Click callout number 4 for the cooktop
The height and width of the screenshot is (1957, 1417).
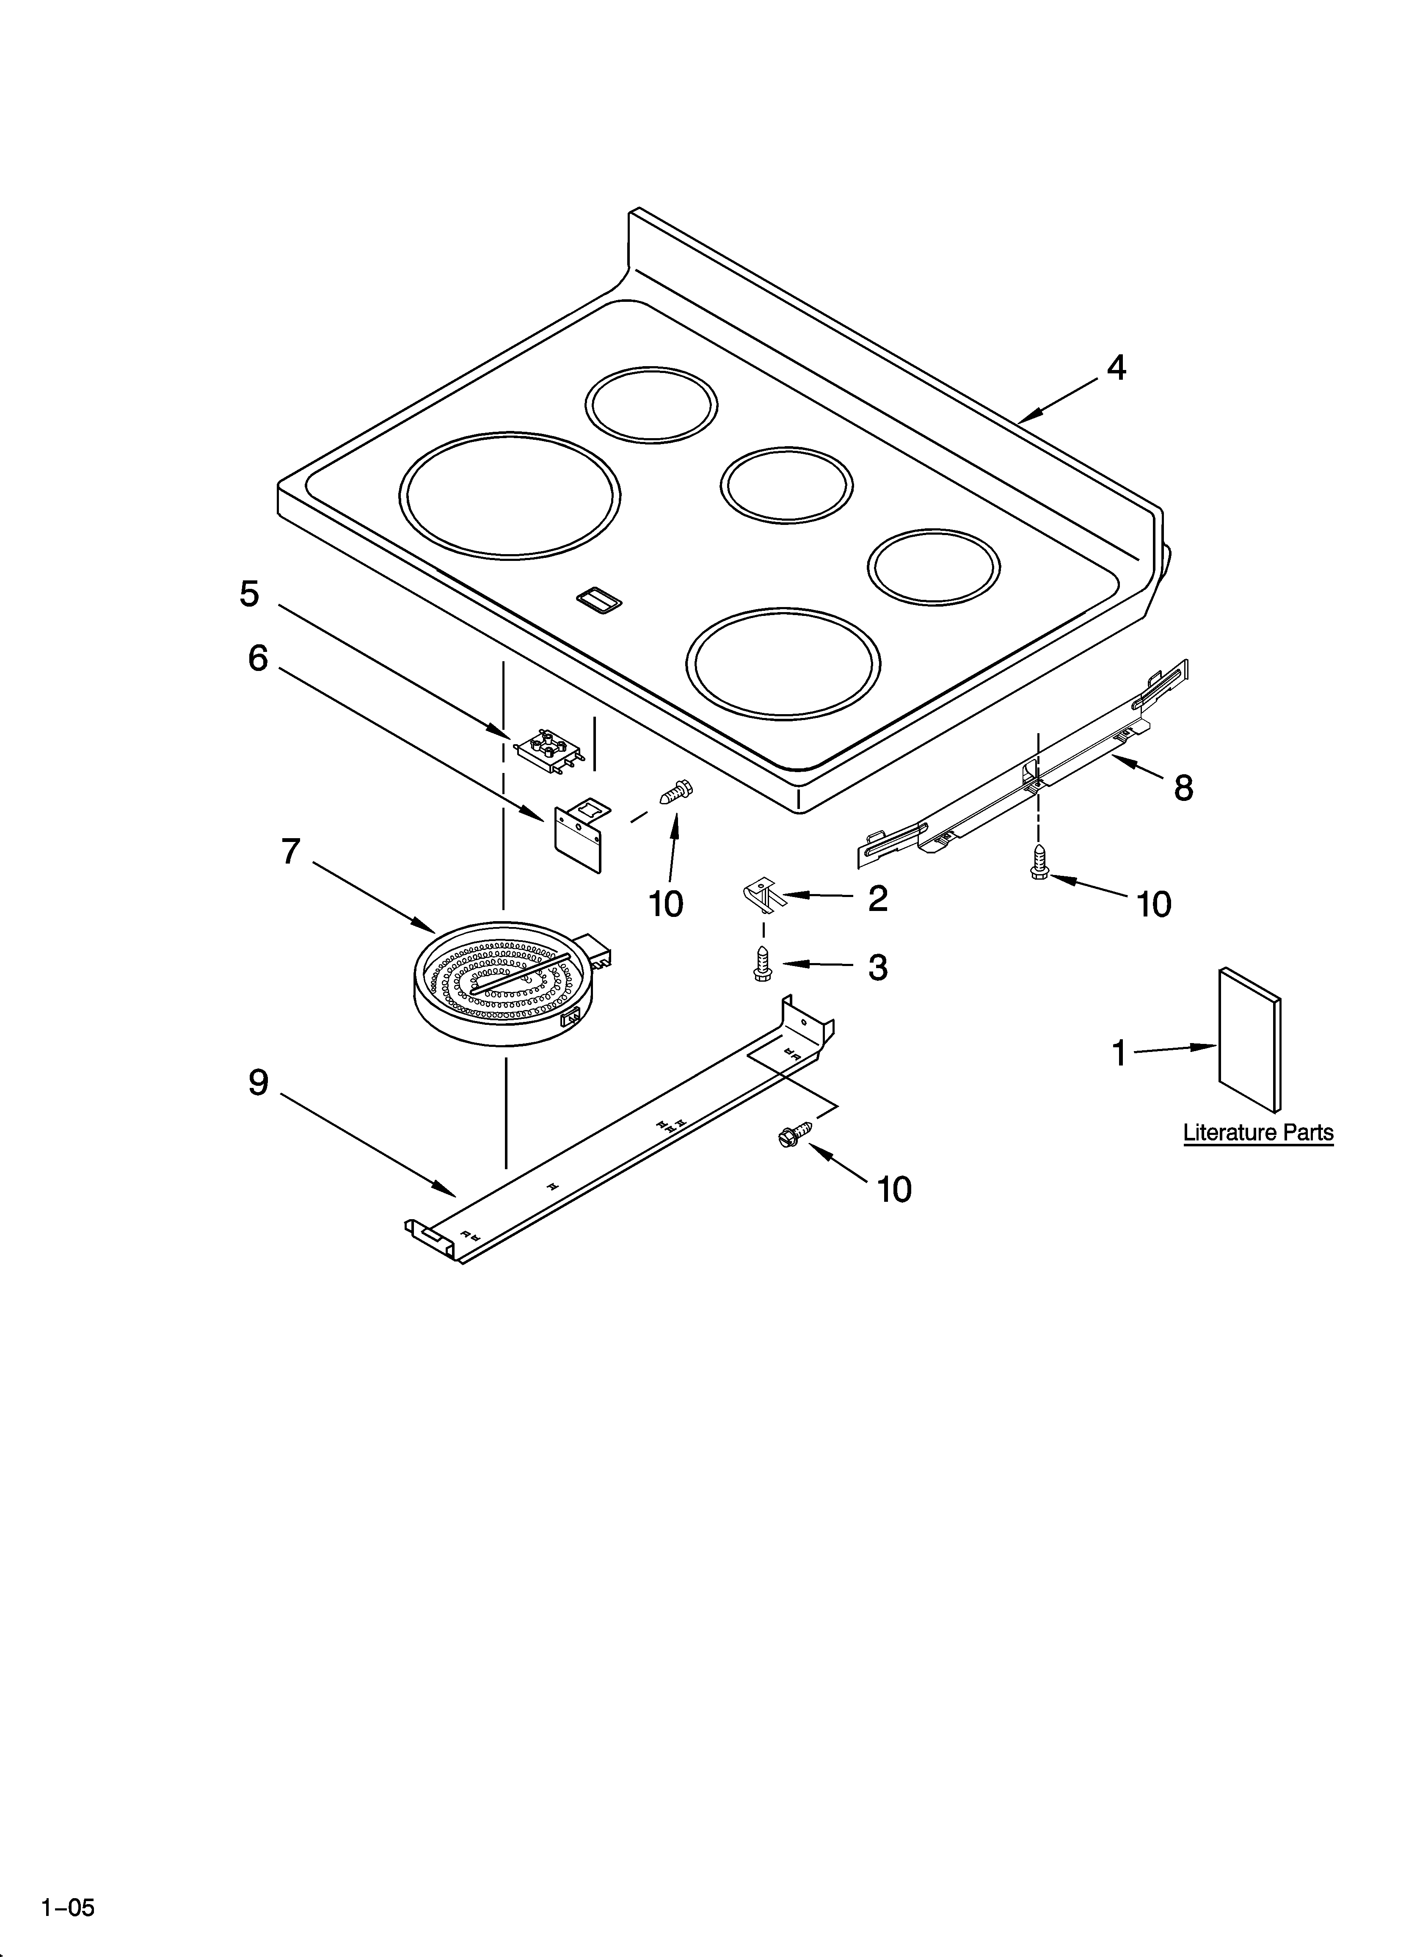point(1116,368)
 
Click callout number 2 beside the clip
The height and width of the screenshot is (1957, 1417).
point(878,898)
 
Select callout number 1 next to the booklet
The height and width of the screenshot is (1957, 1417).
point(1119,1053)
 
